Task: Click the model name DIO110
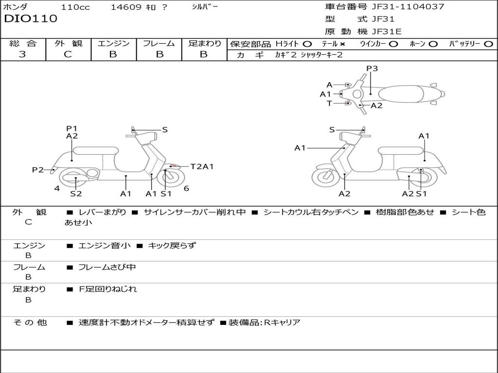tap(31, 19)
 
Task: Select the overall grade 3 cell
tap(22, 54)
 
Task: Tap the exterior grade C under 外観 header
tap(68, 54)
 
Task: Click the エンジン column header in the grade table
tap(113, 43)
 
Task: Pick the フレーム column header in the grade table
tap(159, 43)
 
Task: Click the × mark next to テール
tap(342, 44)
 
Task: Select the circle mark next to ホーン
tap(433, 44)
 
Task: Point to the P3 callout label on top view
tap(372, 68)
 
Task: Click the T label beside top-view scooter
tap(329, 103)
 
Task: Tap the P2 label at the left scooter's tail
tap(38, 170)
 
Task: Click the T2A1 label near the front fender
tap(202, 167)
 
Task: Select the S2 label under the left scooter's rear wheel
tap(76, 193)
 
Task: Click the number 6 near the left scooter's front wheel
tap(186, 188)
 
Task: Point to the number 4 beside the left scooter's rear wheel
tap(57, 188)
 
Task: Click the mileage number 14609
tap(126, 7)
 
